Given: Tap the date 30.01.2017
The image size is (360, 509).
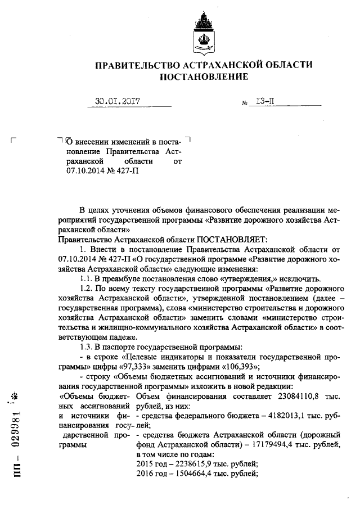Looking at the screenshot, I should (x=118, y=102).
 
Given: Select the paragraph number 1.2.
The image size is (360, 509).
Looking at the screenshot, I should (x=87, y=289).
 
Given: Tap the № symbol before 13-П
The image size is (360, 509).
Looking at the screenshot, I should (x=245, y=104).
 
